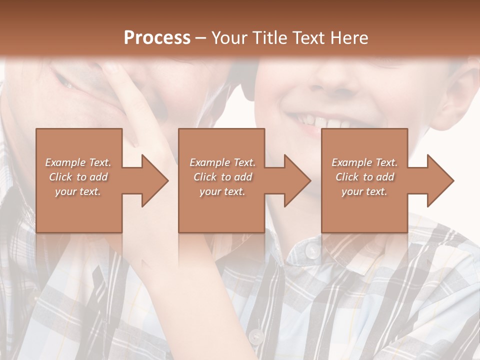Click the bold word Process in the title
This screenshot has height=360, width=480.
tap(157, 38)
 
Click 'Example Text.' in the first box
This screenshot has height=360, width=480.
tap(78, 162)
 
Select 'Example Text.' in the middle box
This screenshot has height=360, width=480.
tap(222, 162)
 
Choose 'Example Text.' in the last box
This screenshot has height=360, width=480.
tap(364, 162)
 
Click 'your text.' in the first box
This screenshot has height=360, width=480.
tap(78, 191)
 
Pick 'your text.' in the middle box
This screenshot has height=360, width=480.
tap(222, 191)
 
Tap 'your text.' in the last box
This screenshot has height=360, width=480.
tap(364, 191)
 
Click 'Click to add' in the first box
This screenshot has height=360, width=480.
tap(78, 177)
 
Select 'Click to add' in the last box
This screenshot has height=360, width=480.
tap(364, 177)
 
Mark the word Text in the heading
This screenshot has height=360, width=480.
tap(309, 38)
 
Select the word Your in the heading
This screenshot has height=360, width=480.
tap(229, 38)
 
